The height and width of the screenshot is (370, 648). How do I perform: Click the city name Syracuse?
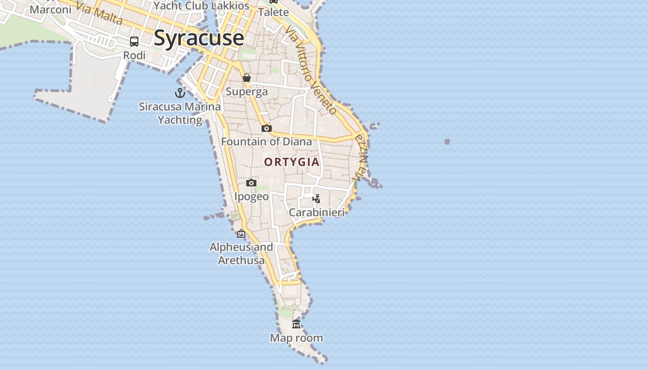(x=199, y=38)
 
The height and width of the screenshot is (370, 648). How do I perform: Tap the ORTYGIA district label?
(x=292, y=162)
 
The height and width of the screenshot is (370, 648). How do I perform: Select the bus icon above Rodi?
(x=134, y=42)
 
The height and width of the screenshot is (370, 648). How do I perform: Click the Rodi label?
(x=134, y=55)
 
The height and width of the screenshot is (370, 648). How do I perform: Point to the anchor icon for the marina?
(x=180, y=93)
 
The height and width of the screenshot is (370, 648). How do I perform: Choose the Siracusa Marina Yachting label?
(x=180, y=113)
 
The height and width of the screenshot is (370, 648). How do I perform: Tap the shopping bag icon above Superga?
(x=247, y=78)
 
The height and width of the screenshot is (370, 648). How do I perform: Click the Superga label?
(x=247, y=92)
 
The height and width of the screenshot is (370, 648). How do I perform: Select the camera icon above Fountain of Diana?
(x=267, y=128)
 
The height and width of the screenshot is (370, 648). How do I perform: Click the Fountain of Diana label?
(x=267, y=142)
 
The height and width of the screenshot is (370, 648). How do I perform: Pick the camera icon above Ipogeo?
(x=251, y=183)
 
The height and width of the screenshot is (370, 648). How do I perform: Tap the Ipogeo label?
(x=251, y=197)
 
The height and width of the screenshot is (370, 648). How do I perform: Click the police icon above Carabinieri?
(x=317, y=199)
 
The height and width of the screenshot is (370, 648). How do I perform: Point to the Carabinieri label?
(x=317, y=213)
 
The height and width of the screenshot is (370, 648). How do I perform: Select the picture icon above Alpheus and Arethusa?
(x=241, y=234)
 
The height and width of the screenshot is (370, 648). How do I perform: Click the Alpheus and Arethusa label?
(x=241, y=253)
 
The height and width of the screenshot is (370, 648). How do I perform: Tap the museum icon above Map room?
(x=296, y=324)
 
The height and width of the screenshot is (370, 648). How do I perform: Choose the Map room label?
(x=296, y=338)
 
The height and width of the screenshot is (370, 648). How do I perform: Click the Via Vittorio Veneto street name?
(x=311, y=69)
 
